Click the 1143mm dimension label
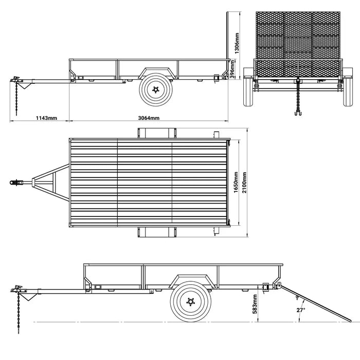click(46, 118)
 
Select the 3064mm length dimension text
click(149, 118)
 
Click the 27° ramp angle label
click(301, 310)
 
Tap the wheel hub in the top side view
click(156, 90)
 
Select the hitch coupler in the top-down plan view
click(17, 182)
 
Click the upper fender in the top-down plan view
click(154, 133)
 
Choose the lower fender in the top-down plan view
click(154, 232)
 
